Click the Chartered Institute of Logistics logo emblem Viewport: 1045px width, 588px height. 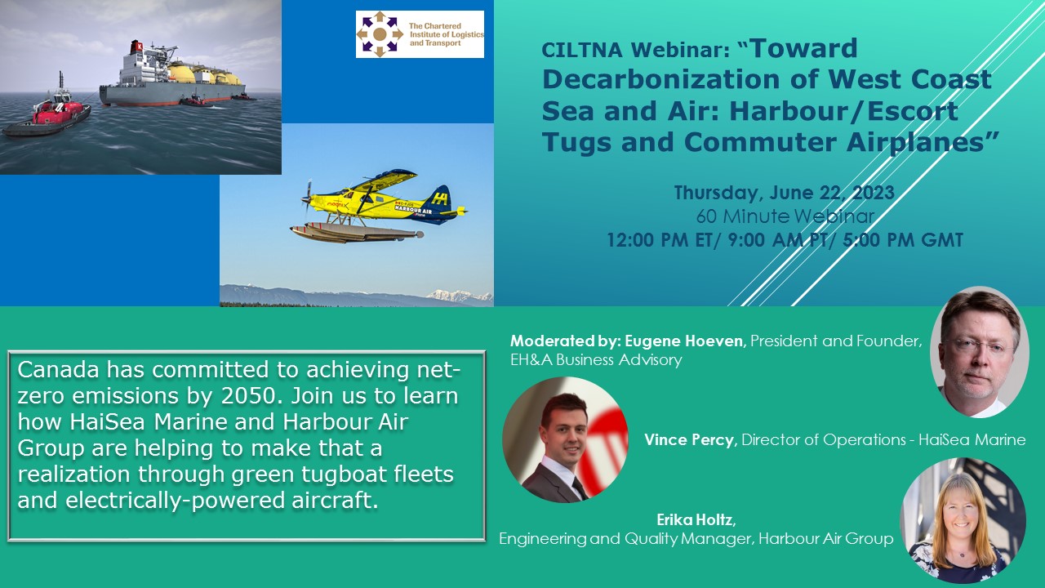[380, 34]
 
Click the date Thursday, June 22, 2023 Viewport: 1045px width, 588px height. [784, 193]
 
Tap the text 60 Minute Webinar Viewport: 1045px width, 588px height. [785, 216]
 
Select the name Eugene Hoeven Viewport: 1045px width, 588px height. [684, 341]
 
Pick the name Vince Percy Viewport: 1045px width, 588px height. [689, 439]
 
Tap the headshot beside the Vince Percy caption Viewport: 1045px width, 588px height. [566, 439]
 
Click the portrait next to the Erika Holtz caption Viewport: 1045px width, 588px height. [963, 520]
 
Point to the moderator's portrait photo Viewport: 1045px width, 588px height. [980, 352]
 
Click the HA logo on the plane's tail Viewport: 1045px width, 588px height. [439, 198]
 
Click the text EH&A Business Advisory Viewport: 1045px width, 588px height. [596, 360]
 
